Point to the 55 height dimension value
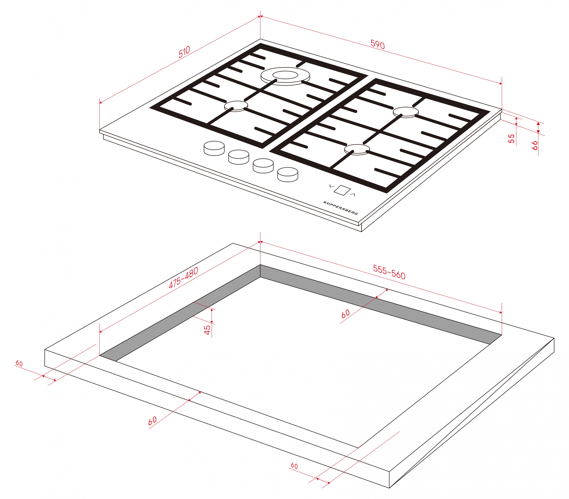tap(511, 139)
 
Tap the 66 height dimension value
tap(534, 145)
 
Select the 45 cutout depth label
tap(207, 330)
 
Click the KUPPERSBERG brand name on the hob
tap(340, 208)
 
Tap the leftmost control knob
tap(214, 148)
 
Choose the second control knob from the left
tap(239, 157)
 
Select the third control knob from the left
tap(263, 166)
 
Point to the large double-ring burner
tap(285, 76)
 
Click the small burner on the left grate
tap(236, 106)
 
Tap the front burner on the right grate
tap(357, 149)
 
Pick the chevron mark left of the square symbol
tap(331, 186)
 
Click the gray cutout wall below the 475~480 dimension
tap(180, 313)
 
